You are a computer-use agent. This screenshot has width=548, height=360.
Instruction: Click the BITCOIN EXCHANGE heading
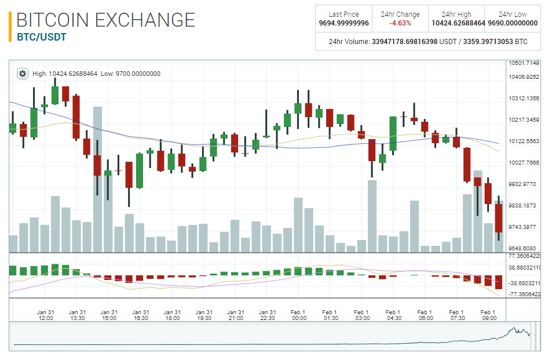click(x=106, y=20)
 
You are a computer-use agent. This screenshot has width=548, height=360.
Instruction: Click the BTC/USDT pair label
click(x=41, y=37)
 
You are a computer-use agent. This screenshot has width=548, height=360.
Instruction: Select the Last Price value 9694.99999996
click(x=344, y=23)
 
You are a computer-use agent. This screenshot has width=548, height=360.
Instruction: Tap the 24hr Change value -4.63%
click(x=400, y=23)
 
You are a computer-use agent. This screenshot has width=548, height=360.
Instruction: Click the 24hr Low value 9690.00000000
click(x=513, y=23)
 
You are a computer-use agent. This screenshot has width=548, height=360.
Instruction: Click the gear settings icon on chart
click(x=23, y=74)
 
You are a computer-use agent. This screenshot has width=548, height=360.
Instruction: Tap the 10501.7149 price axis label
click(x=524, y=63)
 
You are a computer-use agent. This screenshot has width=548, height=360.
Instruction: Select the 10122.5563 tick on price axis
click(x=524, y=141)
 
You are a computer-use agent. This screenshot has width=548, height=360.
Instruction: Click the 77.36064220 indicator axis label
click(x=524, y=256)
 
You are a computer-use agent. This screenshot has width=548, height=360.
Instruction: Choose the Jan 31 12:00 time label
click(x=45, y=315)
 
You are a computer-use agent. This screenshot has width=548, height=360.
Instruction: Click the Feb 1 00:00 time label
click(x=299, y=315)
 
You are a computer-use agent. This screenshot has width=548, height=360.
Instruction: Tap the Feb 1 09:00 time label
click(x=488, y=315)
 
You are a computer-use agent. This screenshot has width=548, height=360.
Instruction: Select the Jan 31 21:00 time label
click(x=235, y=315)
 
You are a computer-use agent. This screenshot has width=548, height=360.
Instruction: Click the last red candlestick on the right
click(x=499, y=218)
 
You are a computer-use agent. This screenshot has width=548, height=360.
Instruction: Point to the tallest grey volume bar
click(x=98, y=180)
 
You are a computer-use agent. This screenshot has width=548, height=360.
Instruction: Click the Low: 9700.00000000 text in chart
click(x=130, y=74)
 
